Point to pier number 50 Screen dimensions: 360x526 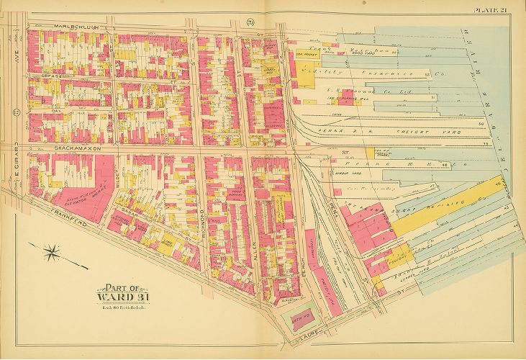480,124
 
